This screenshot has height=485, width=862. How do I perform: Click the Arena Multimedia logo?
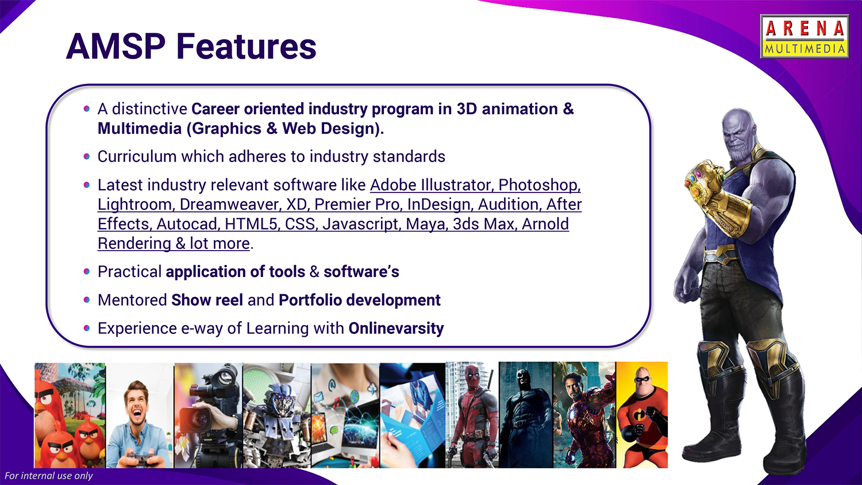click(805, 37)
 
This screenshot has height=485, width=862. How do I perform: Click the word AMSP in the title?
click(116, 47)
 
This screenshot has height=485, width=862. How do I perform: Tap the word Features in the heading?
click(247, 47)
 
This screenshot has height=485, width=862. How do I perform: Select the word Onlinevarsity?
click(396, 328)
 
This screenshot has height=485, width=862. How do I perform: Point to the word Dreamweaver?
click(230, 205)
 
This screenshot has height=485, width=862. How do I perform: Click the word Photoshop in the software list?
click(540, 185)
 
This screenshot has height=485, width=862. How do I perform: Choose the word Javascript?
click(361, 224)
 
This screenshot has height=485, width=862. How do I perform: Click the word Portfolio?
click(310, 300)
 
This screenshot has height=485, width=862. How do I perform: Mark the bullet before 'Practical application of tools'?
click(87, 272)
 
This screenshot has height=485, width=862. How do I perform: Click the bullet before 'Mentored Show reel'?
click(87, 300)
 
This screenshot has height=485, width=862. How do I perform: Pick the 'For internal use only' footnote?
click(48, 476)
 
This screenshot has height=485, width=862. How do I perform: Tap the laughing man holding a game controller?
click(140, 415)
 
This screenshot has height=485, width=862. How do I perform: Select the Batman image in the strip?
click(526, 415)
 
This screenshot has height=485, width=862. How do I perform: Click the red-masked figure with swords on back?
click(472, 415)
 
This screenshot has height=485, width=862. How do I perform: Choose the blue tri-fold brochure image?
click(413, 415)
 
